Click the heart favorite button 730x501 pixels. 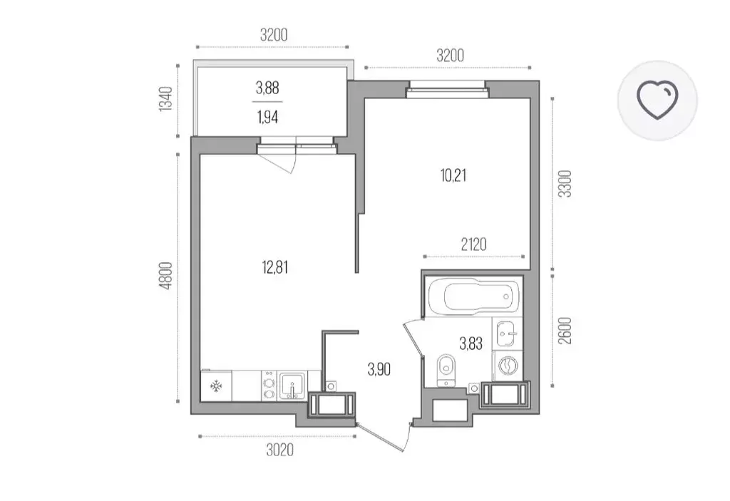(x=657, y=100)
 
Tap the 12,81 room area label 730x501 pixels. (x=275, y=268)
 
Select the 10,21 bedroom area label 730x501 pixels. (x=453, y=175)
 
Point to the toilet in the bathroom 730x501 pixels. (x=446, y=369)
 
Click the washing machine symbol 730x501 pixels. (x=507, y=365)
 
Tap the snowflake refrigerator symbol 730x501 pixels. (x=215, y=386)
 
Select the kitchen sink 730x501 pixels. (x=292, y=386)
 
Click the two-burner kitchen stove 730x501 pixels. (x=269, y=386)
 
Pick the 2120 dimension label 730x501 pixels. (x=473, y=244)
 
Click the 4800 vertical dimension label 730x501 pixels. (x=166, y=276)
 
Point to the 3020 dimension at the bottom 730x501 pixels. (x=279, y=450)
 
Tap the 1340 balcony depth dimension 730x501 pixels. (x=165, y=98)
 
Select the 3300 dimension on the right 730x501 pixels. (x=565, y=184)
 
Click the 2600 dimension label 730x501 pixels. (x=565, y=331)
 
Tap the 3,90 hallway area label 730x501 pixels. (x=379, y=370)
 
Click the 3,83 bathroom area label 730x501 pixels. (x=471, y=344)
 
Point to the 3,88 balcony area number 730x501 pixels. (x=267, y=88)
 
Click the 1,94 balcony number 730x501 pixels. (x=267, y=118)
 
